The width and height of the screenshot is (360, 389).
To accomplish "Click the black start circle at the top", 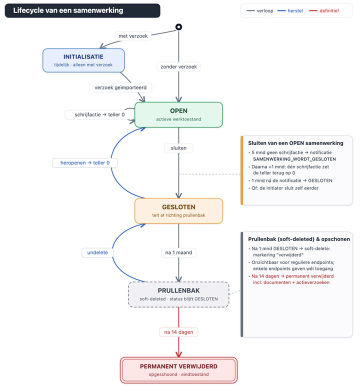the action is [178, 27].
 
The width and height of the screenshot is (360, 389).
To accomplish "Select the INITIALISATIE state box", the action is [83, 60].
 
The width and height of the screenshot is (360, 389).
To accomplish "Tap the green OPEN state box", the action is [178, 114].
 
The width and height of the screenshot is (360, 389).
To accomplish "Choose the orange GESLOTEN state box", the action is [178, 211].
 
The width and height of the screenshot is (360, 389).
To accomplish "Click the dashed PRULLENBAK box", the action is [178, 294].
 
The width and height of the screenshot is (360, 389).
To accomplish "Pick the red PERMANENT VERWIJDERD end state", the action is [178, 370].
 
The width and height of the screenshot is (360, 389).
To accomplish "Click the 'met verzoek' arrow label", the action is [133, 36].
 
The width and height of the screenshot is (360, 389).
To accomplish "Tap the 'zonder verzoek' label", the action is [178, 66].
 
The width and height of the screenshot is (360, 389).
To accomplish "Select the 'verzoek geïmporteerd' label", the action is [120, 87].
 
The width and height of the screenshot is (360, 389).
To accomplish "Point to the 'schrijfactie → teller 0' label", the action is [99, 114].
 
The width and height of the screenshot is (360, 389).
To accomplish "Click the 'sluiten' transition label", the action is [178, 148].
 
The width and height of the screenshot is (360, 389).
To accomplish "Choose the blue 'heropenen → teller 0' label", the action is [85, 162].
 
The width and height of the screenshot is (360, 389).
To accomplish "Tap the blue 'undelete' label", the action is [97, 252].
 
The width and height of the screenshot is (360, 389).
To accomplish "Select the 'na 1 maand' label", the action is [178, 252].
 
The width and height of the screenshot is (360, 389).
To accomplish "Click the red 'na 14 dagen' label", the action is [178, 332].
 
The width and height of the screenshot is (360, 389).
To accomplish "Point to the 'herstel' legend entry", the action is [290, 10].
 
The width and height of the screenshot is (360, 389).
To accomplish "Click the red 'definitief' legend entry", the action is [324, 10].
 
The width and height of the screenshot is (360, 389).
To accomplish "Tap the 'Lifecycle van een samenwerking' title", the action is [68, 10].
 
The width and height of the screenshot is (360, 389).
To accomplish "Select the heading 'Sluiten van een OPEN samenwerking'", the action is [295, 143].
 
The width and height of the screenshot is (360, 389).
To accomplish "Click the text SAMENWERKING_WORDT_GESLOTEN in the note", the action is [294, 159].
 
